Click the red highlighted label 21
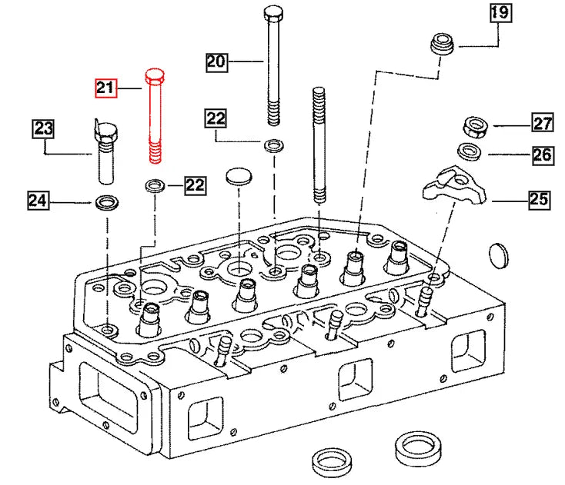click(x=105, y=88)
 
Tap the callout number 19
click(x=499, y=12)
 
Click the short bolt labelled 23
click(x=105, y=150)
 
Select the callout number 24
click(x=38, y=201)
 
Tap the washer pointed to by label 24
click(x=105, y=203)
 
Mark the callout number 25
click(x=539, y=201)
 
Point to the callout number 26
click(x=541, y=155)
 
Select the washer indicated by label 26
click(x=470, y=151)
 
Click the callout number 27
click(x=543, y=123)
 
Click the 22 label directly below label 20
click(x=216, y=118)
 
